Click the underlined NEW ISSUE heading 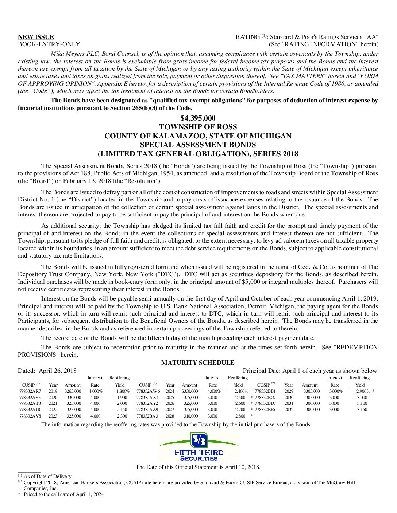pos(36,37)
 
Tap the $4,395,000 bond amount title pos(198,118)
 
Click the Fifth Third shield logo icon pos(199,440)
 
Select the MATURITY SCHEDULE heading pos(198,363)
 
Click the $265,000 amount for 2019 pos(73,391)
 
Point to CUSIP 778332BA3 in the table pos(147,416)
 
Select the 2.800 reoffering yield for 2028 pos(240,416)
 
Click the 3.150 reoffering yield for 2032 pos(362,410)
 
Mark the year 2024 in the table pos(170,391)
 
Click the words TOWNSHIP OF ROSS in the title pos(198,127)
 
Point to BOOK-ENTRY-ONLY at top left pos(49,44)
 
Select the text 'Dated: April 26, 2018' pos(47,371)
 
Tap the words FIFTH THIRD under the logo pos(199,452)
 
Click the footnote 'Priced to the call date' pos(63,494)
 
